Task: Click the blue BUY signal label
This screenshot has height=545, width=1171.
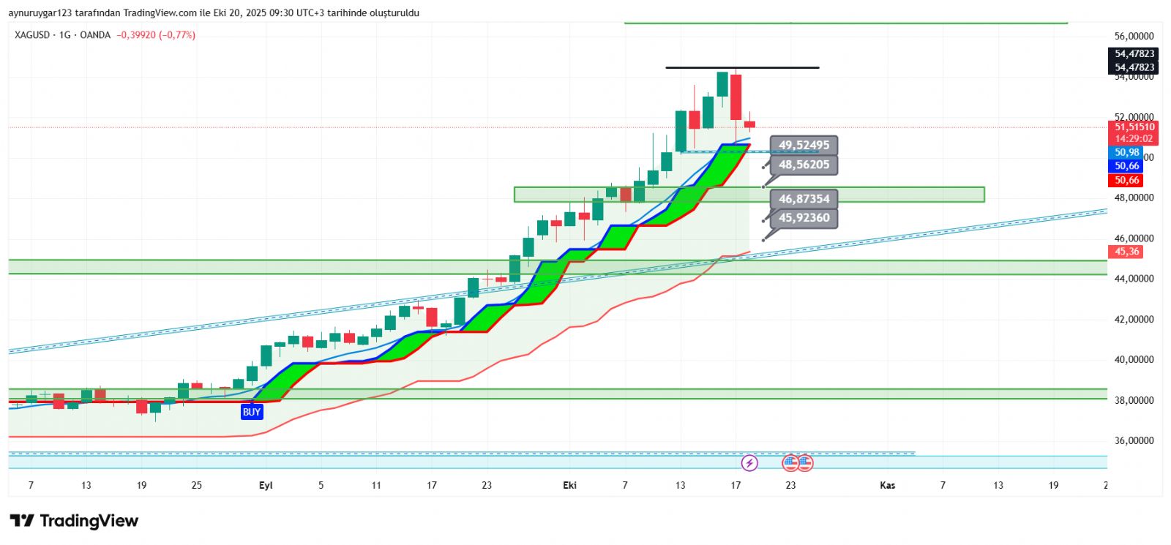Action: (251, 412)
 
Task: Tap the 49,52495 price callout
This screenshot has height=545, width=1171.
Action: (804, 146)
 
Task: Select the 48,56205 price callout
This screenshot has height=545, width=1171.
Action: (804, 165)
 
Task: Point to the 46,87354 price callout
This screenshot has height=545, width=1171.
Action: (804, 199)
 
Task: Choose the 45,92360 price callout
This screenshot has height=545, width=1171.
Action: (804, 218)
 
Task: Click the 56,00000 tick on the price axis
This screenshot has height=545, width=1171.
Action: (1134, 36)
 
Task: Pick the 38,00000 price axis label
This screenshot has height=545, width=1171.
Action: (1134, 400)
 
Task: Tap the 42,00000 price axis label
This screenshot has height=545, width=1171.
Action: (1134, 319)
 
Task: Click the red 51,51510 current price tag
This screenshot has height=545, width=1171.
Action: (1134, 127)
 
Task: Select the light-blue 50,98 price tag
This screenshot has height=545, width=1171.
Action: (1126, 153)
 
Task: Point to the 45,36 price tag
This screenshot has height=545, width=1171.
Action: (1126, 252)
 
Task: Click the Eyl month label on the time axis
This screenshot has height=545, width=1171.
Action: (266, 485)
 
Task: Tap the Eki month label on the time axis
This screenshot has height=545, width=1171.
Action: (569, 485)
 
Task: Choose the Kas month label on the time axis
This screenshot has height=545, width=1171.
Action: (887, 485)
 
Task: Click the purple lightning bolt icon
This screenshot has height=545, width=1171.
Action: (749, 462)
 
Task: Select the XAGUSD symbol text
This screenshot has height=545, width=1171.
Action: (31, 35)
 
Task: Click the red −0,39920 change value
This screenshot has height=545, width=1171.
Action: (136, 35)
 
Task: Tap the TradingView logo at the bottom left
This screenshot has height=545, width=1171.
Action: (74, 521)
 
